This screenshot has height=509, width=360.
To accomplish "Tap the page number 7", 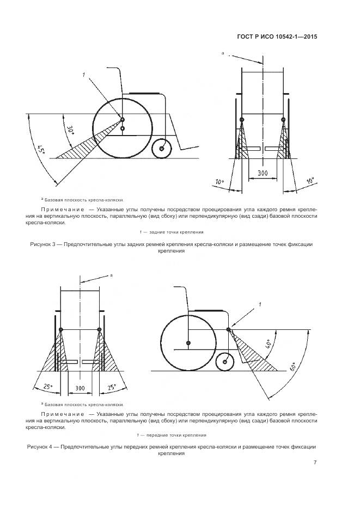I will (x=315, y=463).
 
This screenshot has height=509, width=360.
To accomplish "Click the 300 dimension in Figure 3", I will (x=262, y=173).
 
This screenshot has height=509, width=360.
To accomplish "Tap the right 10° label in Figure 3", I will (x=310, y=180).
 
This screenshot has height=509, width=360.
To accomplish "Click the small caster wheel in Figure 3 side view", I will (x=161, y=149).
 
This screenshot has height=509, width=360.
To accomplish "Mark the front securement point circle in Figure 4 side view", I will (x=228, y=329).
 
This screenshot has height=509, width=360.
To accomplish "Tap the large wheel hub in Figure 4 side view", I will (x=188, y=343).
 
